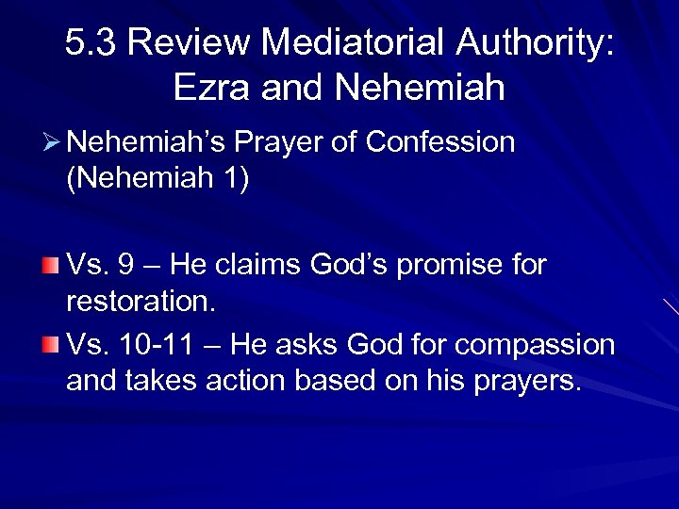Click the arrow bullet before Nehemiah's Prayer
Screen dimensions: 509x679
point(52,142)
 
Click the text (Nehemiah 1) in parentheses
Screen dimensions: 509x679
point(157,178)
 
